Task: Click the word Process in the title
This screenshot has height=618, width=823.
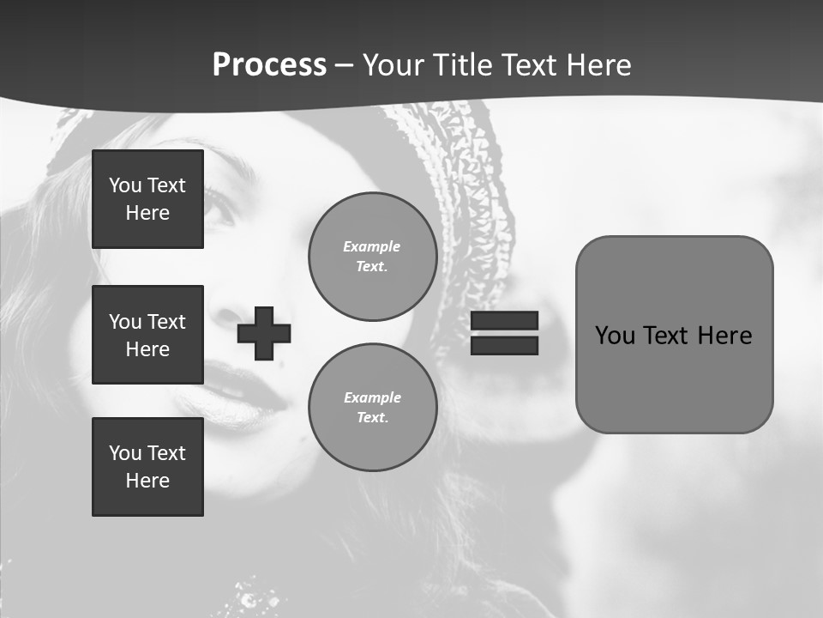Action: pos(269,65)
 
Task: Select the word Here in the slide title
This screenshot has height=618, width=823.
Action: pos(597,65)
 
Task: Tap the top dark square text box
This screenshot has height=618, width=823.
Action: pos(147,199)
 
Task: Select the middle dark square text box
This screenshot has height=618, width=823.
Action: pos(147,335)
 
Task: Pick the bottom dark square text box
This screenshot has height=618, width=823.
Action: pos(147,467)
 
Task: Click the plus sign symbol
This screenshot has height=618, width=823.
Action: pos(264,333)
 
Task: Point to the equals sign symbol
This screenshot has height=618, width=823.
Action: pos(505,333)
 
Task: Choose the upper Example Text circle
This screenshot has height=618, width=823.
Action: pos(372,257)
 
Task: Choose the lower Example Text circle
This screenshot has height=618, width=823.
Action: pos(372,408)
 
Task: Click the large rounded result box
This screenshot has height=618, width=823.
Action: pos(674,335)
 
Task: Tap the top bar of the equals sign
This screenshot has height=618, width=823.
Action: pos(505,321)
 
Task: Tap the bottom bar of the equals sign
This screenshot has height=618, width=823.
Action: pos(505,345)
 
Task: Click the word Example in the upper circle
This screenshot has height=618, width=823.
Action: pos(372,246)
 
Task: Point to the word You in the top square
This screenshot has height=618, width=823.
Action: pos(125,185)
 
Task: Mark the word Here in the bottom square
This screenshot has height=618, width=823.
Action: pos(147,481)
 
